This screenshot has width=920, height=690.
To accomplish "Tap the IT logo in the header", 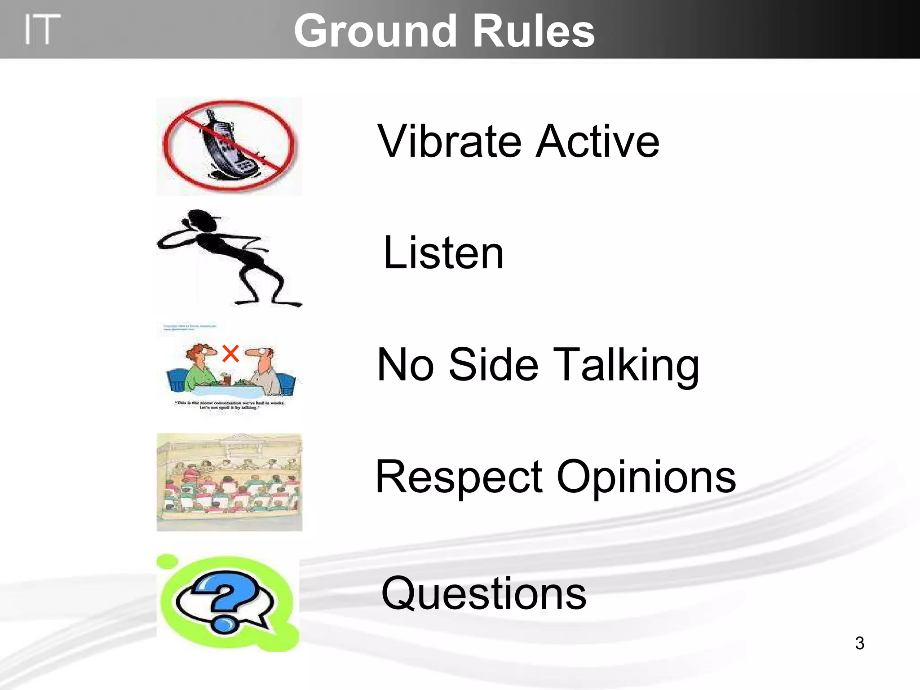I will tap(41, 30).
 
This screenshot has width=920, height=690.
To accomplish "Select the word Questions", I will tap(483, 594).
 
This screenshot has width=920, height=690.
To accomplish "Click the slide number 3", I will tap(859, 643).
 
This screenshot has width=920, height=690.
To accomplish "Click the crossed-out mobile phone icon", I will tap(229, 146).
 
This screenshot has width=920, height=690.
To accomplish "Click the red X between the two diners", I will tap(230, 354).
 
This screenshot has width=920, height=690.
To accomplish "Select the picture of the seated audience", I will tap(229, 482).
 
